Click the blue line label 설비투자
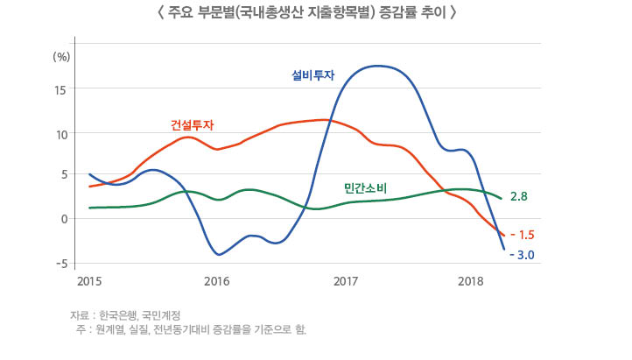(x=312, y=76)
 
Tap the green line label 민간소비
(x=367, y=188)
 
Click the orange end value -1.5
(x=521, y=235)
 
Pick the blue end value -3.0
(x=522, y=255)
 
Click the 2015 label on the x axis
(x=88, y=281)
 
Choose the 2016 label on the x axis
(x=216, y=281)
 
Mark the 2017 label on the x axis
(x=347, y=281)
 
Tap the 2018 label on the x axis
(x=472, y=281)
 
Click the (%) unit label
(x=61, y=56)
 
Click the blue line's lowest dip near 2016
(x=219, y=255)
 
